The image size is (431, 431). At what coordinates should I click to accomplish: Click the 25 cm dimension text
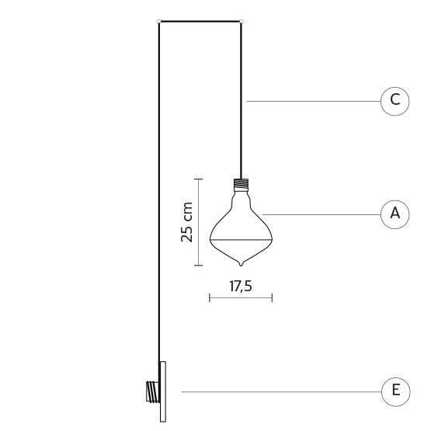(186, 222)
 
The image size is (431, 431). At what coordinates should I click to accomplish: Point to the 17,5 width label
(241, 286)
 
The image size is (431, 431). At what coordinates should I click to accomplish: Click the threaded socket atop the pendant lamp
(241, 185)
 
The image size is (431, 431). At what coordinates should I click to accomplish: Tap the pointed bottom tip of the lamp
(241, 266)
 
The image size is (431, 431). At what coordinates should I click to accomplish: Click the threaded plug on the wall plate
(153, 392)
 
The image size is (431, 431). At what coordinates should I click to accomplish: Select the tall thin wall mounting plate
(163, 391)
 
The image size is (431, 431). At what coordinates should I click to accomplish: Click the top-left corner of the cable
(159, 21)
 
